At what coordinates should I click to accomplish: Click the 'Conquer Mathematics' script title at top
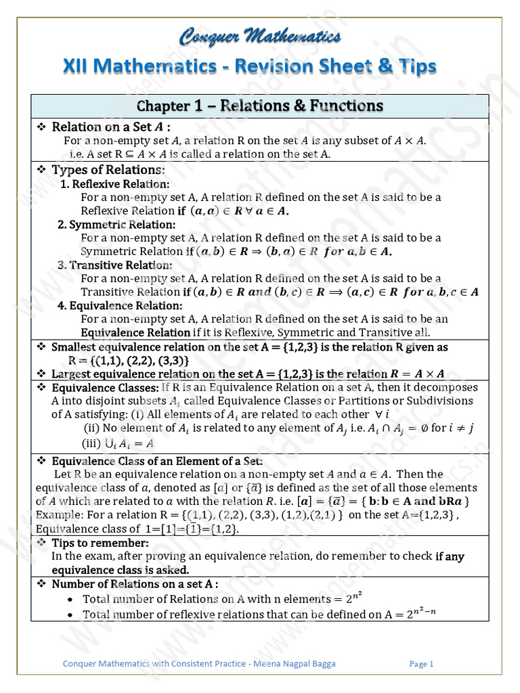(260, 37)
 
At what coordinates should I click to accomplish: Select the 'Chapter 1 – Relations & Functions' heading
(260, 106)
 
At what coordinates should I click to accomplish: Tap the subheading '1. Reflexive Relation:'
(115, 184)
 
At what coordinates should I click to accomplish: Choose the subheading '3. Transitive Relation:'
(115, 265)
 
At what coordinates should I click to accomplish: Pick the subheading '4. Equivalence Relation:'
(120, 306)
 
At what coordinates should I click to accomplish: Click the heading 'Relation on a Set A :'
(111, 127)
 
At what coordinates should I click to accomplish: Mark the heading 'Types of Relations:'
(108, 169)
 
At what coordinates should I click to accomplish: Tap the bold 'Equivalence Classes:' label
(105, 388)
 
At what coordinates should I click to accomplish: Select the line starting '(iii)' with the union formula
(118, 443)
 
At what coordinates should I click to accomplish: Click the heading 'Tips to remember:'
(100, 543)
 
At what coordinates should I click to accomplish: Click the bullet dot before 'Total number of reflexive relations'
(72, 615)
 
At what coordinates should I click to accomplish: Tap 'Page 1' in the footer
(421, 664)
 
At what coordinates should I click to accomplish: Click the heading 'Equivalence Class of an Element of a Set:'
(152, 461)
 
